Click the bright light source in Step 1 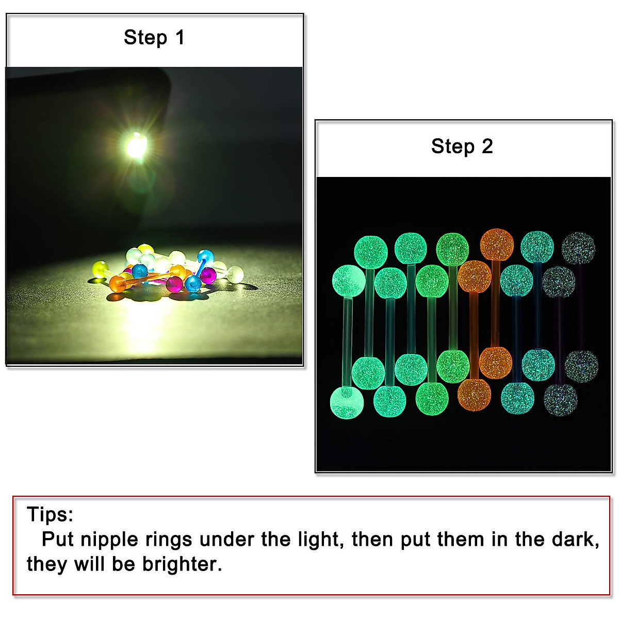(x=136, y=146)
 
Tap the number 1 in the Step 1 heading (x=179, y=38)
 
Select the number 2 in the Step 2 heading (x=487, y=146)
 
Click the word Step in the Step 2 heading (x=452, y=146)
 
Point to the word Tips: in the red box (x=50, y=514)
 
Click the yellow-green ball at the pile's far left (x=100, y=268)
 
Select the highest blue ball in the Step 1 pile (x=205, y=255)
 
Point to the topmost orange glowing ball (x=496, y=245)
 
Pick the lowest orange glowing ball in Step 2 (x=474, y=395)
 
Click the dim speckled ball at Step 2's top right (x=578, y=248)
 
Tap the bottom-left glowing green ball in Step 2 (x=347, y=403)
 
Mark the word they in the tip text (x=47, y=564)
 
